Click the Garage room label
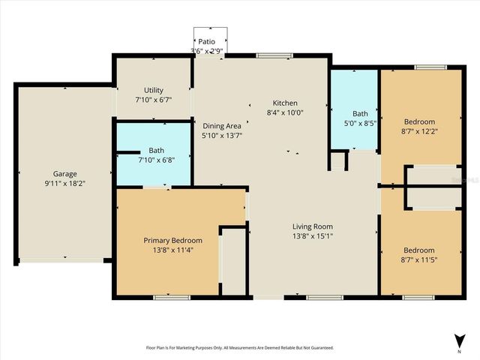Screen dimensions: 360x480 coord(64,174)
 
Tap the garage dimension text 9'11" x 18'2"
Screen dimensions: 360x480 coord(64,183)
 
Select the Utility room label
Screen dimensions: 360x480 coord(153,89)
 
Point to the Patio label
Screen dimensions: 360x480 coord(207,42)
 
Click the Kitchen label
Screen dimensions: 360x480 coord(285,103)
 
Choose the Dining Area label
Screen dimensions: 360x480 coord(222,126)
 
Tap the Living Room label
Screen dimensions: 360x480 coord(312,226)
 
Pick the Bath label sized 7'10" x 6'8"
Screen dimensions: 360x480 coord(156,150)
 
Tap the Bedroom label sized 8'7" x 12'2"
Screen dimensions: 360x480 coord(419,121)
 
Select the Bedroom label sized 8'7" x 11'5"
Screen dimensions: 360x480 coord(419,250)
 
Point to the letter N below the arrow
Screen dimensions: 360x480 coord(459,351)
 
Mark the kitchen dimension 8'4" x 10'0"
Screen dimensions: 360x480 coord(285,113)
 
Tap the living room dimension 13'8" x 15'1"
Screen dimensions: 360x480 coord(312,236)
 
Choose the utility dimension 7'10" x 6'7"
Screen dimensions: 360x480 coord(153,99)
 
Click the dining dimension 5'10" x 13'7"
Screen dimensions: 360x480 coord(222,136)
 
